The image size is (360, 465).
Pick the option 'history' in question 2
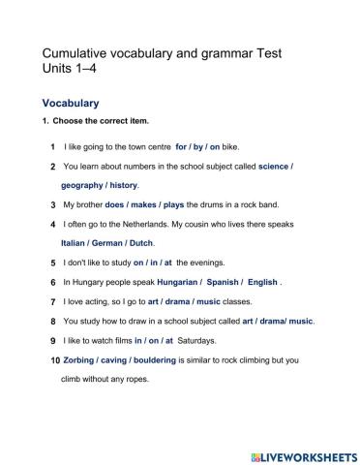pos(124,185)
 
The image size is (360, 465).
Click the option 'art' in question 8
pos(249,321)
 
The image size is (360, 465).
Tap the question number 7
pos(52,301)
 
